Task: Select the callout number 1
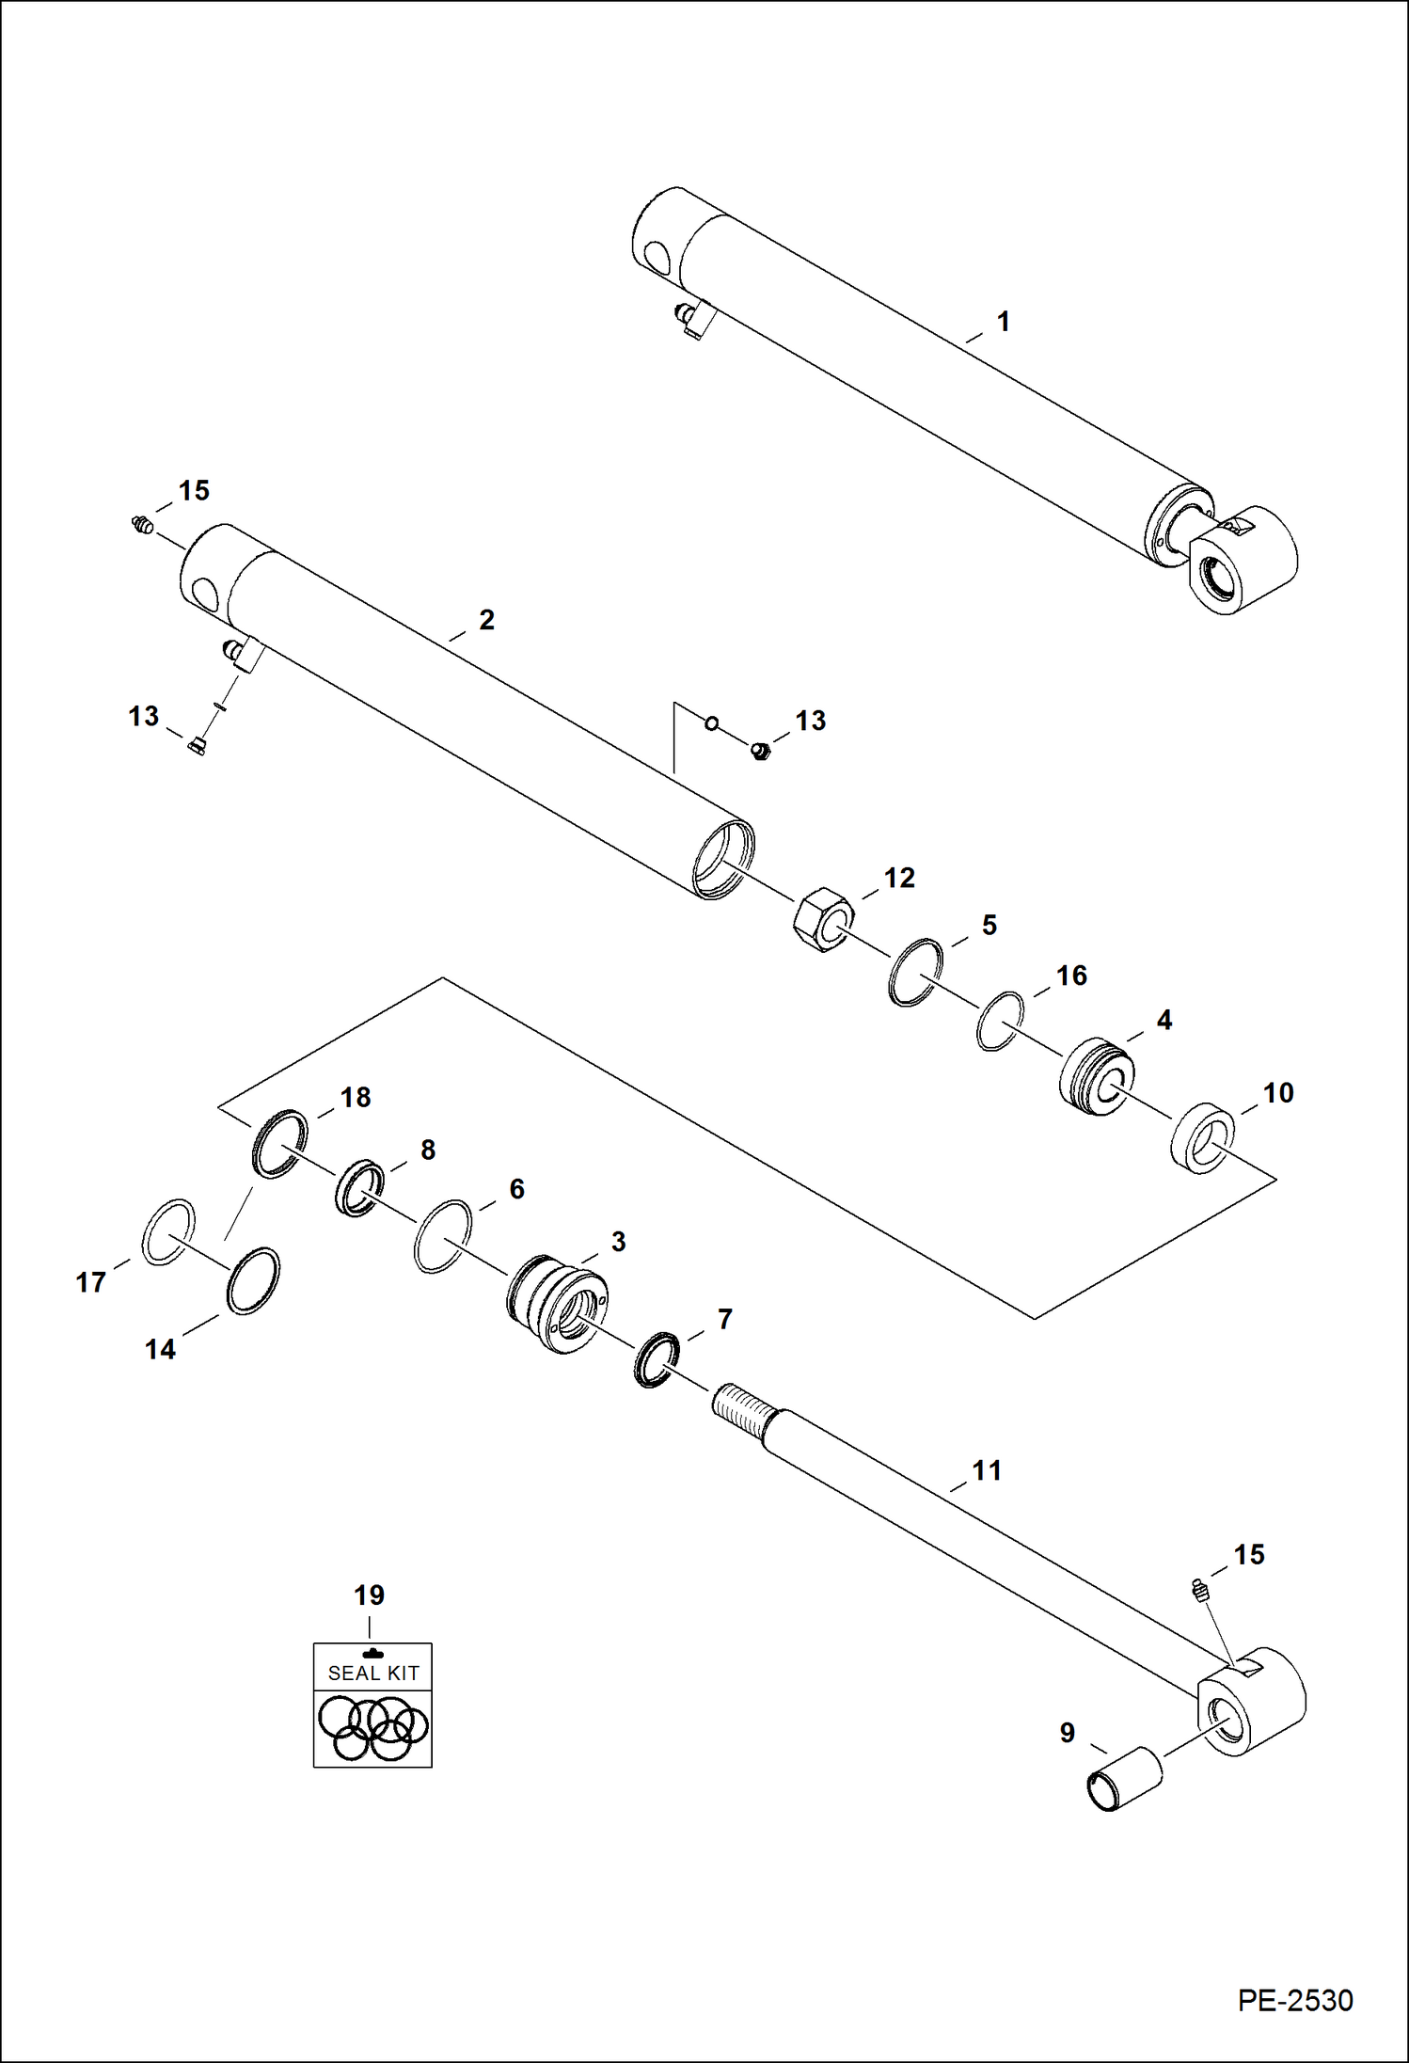pos(1003,322)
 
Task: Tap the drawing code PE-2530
pos(1294,2000)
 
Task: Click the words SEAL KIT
pos(373,1673)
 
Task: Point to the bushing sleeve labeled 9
pos(1124,1779)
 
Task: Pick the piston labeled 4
pos(1097,1076)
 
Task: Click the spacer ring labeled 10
pos(1203,1138)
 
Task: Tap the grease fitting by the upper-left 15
pos(143,525)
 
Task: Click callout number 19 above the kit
pos(369,1595)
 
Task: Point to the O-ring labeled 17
pos(168,1232)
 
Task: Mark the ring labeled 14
pos(253,1281)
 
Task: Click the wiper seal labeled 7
pos(657,1359)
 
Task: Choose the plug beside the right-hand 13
pos(761,751)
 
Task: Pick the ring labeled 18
pos(280,1143)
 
